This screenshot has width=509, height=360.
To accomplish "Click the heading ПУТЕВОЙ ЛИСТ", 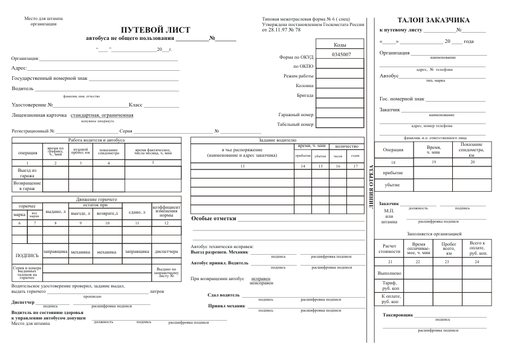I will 155,30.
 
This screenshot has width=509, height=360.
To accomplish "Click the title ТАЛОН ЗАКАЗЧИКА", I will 434,20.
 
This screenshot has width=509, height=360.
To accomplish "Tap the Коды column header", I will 340,45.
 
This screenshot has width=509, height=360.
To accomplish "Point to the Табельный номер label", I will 296,125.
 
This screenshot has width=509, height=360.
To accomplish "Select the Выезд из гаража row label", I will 27,173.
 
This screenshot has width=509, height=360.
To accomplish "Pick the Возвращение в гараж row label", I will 27,185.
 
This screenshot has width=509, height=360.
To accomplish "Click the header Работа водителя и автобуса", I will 97,140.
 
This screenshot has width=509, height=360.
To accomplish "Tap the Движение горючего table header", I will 97,199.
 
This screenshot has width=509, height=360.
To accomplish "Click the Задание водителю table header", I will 277,140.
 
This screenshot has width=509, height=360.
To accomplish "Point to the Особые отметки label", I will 213,218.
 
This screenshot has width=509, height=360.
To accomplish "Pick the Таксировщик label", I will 398,315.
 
